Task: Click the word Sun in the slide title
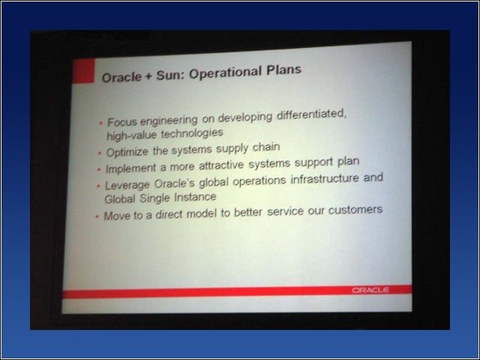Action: pos(169,75)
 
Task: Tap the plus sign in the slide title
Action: pos(148,76)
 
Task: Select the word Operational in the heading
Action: pos(225,73)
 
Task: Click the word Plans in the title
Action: pos(283,70)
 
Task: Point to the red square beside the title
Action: pos(83,71)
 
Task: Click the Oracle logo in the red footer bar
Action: pos(370,290)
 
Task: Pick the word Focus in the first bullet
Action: pos(122,122)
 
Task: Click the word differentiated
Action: pos(312,115)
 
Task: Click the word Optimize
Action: pos(127,151)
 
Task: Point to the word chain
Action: pos(266,147)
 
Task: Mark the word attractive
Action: pos(221,166)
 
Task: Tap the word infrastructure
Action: pos(325,178)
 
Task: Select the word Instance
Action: pos(195,196)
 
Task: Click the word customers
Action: pos(355,210)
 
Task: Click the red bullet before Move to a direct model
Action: pos(97,217)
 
